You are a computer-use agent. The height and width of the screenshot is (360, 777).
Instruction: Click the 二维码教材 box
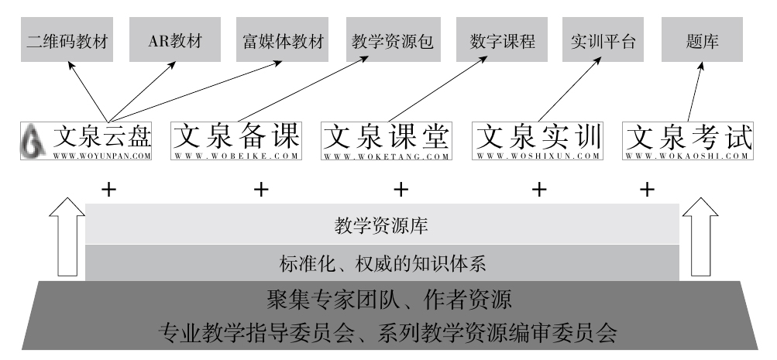coord(66,40)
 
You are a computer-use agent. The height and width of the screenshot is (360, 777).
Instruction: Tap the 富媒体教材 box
coord(281,40)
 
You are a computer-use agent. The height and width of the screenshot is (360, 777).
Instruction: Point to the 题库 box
coord(702,40)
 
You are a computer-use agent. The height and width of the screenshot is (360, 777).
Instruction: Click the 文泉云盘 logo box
coord(86,142)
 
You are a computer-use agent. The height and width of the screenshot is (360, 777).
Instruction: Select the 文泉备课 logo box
coord(236,142)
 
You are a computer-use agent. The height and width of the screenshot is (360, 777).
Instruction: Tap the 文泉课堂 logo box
coord(386,142)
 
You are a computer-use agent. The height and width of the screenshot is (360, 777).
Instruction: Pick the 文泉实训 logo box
coord(538,142)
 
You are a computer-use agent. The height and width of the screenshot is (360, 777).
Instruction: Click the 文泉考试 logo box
coord(688,142)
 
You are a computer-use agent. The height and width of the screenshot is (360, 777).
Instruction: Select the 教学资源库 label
coord(381,227)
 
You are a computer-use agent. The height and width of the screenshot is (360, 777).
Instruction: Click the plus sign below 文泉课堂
coord(401,188)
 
